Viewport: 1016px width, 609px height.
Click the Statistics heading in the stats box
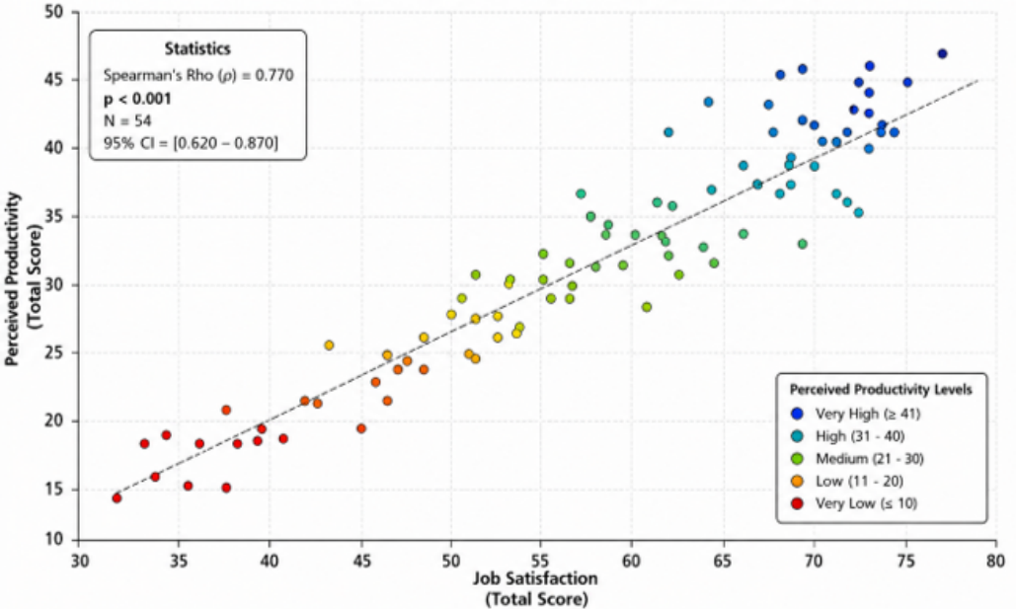[197, 48]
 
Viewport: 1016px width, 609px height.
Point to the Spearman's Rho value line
[198, 75]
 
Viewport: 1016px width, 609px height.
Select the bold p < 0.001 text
[137, 99]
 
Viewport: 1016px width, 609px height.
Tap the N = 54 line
[127, 120]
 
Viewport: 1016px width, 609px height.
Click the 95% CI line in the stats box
[192, 143]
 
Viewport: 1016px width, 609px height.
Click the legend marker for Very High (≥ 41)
[798, 414]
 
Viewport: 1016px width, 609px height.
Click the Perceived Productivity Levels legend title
[881, 389]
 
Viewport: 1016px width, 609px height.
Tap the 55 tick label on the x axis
[542, 560]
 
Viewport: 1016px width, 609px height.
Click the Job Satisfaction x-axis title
[536, 588]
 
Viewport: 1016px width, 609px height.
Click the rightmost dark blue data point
[942, 53]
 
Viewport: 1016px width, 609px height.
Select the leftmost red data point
[117, 497]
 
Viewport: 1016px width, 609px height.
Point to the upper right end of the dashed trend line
[977, 80]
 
